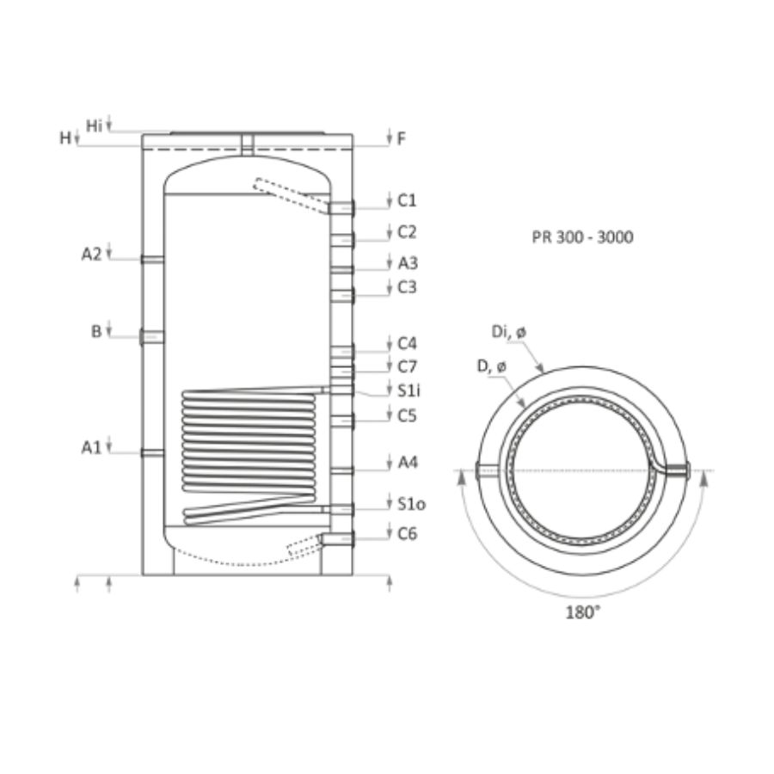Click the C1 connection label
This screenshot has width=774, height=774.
(x=408, y=200)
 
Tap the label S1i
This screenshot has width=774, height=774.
(x=409, y=390)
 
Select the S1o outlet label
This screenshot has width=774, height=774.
(x=412, y=504)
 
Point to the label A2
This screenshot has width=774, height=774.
(x=91, y=255)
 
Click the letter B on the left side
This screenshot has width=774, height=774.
(x=96, y=331)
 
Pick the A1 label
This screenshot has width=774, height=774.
(x=91, y=448)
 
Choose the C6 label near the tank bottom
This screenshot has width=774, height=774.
(x=408, y=533)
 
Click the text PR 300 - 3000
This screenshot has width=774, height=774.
(x=582, y=237)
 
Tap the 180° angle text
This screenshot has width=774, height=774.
(x=583, y=612)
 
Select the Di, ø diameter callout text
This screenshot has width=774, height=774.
(x=509, y=332)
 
